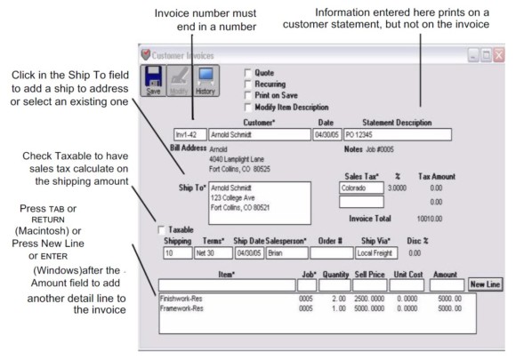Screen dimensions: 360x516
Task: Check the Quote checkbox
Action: (x=249, y=73)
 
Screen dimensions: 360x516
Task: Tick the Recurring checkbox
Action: (x=249, y=83)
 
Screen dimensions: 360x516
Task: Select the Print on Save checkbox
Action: (x=249, y=94)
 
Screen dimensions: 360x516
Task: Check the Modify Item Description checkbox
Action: (x=249, y=105)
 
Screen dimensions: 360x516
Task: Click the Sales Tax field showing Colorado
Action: (x=359, y=188)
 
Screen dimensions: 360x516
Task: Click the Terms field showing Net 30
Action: (x=211, y=252)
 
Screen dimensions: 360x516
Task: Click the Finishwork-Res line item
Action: (x=181, y=300)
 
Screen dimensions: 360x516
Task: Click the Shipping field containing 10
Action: (x=176, y=252)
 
